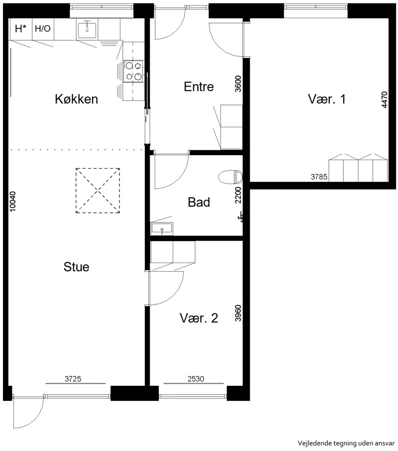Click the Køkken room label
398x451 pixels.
point(76,99)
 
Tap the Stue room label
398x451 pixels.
point(76,267)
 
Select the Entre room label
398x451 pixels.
point(199,87)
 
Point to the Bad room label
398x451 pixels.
point(199,202)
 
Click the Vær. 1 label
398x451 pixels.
point(327,99)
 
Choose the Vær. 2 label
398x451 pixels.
point(199,318)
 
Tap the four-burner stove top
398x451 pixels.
point(133,71)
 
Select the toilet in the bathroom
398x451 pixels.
point(230,177)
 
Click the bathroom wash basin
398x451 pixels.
point(162,229)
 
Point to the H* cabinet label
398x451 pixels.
point(20,29)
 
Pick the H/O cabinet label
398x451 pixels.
point(43,28)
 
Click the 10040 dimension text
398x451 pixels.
point(13,202)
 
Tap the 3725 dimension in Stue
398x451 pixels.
point(73,379)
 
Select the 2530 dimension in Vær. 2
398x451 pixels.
point(196,379)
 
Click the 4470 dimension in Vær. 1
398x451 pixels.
point(385,100)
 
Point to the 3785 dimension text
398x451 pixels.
point(319,177)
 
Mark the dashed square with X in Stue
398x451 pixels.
point(98,190)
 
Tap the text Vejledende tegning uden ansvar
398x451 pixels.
point(346,443)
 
